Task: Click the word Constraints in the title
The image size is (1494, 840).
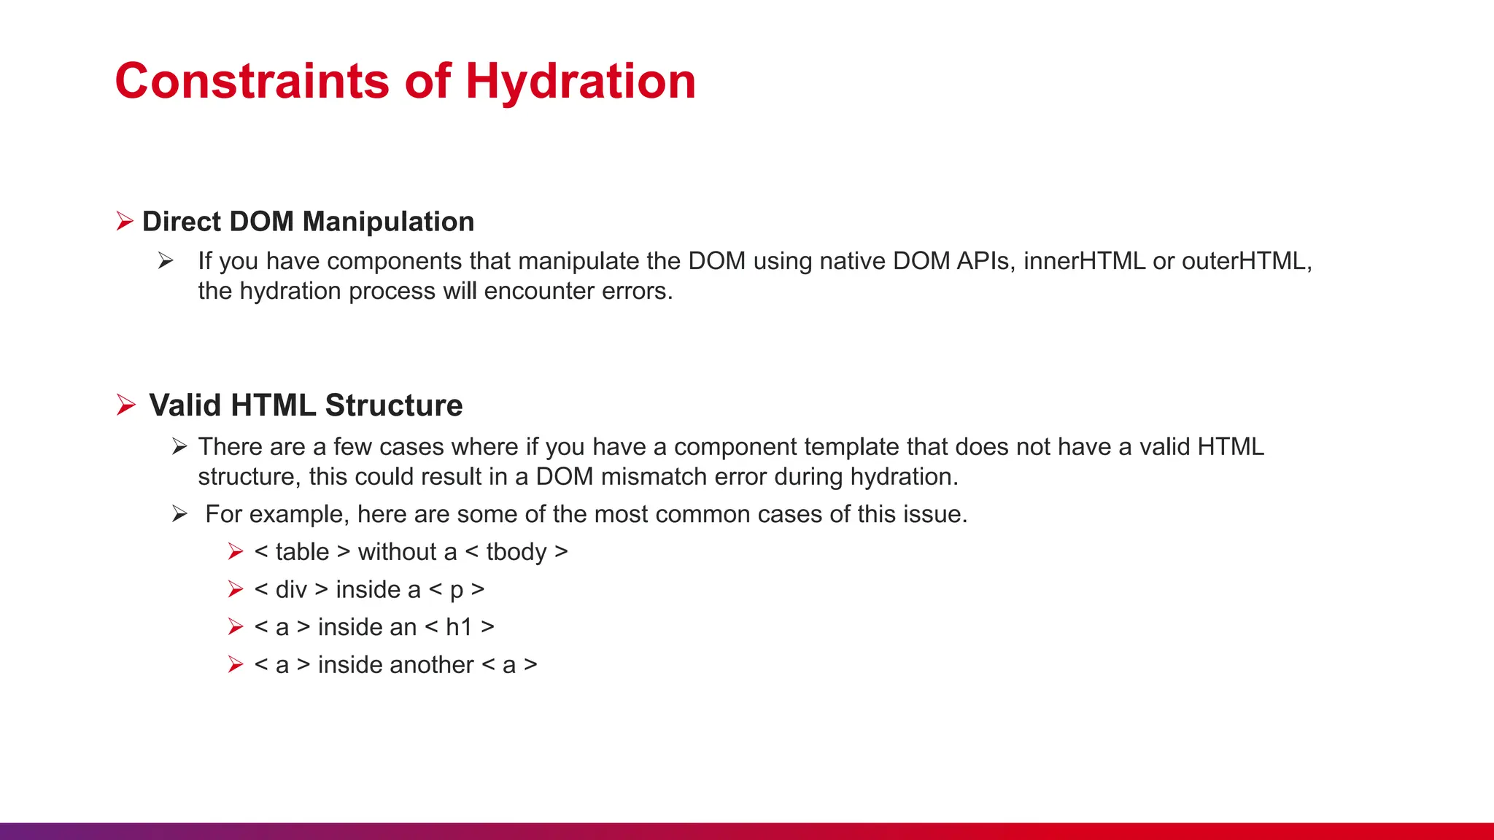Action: (x=252, y=81)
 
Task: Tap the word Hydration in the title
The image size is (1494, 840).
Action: (x=581, y=81)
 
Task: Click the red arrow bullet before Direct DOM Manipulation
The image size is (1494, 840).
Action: (x=125, y=221)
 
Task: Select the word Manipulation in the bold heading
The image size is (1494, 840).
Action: (x=388, y=222)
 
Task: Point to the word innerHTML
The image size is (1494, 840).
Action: (x=1084, y=261)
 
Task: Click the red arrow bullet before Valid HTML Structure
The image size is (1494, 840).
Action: (x=126, y=405)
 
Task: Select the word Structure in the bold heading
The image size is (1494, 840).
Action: (x=394, y=405)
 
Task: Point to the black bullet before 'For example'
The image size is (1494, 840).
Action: (x=179, y=514)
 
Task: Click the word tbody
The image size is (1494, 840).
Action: (x=516, y=552)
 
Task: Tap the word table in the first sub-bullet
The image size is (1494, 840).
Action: (x=302, y=552)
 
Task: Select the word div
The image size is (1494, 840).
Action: (x=291, y=589)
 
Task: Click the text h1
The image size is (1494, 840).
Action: (x=459, y=627)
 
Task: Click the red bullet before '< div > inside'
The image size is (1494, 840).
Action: (x=235, y=589)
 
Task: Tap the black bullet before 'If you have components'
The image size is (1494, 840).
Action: (x=166, y=261)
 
